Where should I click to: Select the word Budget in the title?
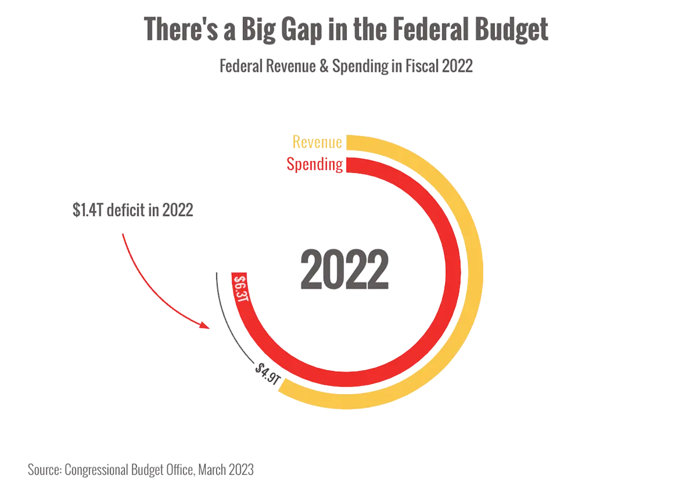pos(512,29)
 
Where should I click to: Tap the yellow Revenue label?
pos(317,143)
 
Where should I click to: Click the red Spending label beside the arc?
pos(314,164)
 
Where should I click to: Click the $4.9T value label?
pos(267,373)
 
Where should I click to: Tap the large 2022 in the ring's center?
pos(344,270)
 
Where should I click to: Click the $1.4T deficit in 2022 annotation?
pos(133,210)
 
